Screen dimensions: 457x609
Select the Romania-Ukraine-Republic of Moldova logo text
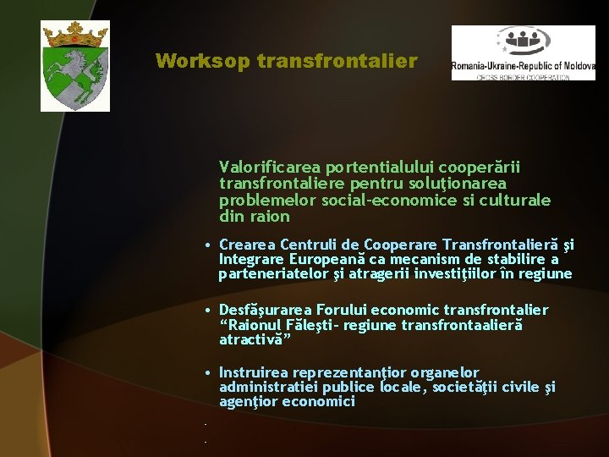523,65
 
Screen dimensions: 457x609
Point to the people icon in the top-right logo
523,40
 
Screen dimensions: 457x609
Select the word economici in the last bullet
323,402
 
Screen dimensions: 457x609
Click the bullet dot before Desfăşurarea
208,311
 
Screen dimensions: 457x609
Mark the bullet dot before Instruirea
208,373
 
